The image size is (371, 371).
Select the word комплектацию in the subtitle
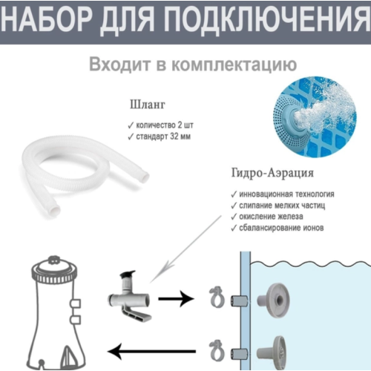(x=234, y=65)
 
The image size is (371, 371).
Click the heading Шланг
(x=148, y=105)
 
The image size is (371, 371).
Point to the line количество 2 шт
(x=160, y=125)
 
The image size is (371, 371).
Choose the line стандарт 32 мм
(x=160, y=137)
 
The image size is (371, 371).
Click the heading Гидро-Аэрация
(x=272, y=173)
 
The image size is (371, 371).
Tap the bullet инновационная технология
(x=283, y=194)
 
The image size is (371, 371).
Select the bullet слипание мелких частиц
(x=278, y=206)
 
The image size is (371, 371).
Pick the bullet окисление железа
(x=267, y=217)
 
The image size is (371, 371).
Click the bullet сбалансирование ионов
(x=278, y=228)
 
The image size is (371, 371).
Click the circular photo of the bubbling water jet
(x=315, y=116)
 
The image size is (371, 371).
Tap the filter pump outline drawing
(x=56, y=313)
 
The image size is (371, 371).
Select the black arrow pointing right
(x=176, y=299)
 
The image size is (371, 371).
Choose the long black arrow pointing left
(x=151, y=351)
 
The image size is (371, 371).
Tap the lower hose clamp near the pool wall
(x=217, y=350)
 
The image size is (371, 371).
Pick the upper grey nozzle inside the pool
(x=274, y=300)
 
